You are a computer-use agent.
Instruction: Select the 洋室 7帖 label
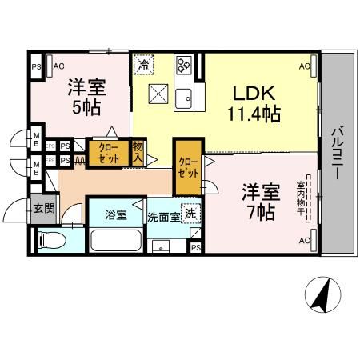[261, 202]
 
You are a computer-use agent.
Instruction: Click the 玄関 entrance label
[44, 209]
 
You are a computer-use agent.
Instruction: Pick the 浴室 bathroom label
[117, 214]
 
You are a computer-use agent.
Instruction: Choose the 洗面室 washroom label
[164, 216]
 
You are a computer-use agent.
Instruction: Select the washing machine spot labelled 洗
[190, 214]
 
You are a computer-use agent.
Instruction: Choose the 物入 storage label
[138, 152]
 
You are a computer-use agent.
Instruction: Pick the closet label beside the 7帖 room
[189, 169]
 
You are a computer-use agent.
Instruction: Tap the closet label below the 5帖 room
[110, 153]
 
